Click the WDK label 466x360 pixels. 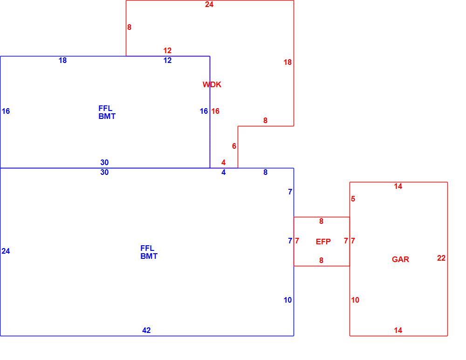(x=212, y=84)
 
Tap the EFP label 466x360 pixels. (x=323, y=242)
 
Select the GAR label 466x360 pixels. (x=400, y=259)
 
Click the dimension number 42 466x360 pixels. (x=146, y=330)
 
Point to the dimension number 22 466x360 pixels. (x=441, y=258)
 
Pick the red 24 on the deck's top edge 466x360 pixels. (x=209, y=5)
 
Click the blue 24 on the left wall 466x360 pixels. (x=6, y=251)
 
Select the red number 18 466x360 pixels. (x=288, y=62)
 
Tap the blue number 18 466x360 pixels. (x=62, y=61)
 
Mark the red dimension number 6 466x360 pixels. (x=234, y=146)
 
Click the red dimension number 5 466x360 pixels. (x=353, y=199)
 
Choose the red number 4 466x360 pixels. (x=224, y=162)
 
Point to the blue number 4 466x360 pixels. (x=224, y=172)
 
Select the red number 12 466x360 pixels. (x=167, y=50)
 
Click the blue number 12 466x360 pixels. (x=167, y=61)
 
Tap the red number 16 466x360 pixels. (x=215, y=111)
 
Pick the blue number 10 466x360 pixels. (x=288, y=300)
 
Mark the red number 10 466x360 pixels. (x=355, y=300)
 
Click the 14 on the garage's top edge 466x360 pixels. (x=398, y=186)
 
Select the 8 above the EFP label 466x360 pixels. (x=321, y=221)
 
